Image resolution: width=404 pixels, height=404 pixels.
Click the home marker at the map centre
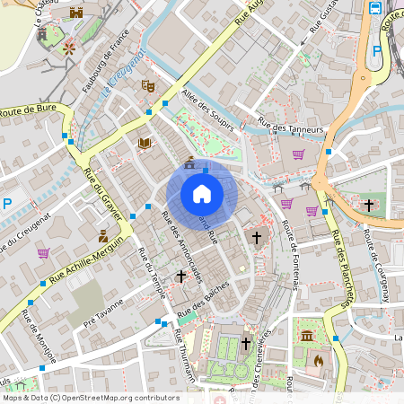[x=201, y=193]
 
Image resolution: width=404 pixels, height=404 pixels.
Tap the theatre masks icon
[x=148, y=86]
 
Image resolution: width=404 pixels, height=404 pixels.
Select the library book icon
[x=144, y=143]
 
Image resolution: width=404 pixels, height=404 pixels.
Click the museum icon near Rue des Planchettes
[x=308, y=336]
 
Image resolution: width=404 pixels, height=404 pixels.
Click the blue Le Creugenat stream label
[x=123, y=75]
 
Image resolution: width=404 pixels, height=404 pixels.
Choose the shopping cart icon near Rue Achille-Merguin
[x=43, y=253]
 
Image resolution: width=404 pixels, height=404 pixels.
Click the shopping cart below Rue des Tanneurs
[x=297, y=154]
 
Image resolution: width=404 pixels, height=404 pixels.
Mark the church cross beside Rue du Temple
[x=180, y=277]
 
